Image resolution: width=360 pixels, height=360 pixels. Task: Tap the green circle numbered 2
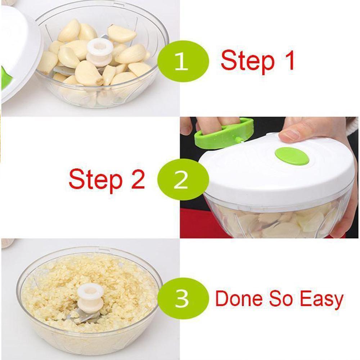pos(183,180)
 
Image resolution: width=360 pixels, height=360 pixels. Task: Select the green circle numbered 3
pos(183,298)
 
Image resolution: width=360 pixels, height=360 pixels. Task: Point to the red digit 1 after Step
pos(289,60)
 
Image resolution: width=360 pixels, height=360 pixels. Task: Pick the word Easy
pos(321,300)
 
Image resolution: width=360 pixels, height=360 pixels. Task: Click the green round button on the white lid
pos(292,156)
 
